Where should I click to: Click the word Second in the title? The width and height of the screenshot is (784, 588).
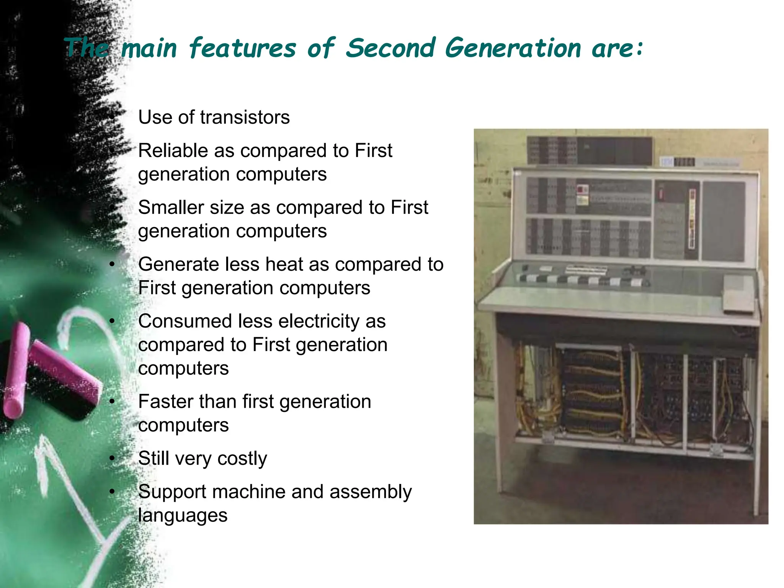(390, 48)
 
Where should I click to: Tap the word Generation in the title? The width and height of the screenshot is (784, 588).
(513, 48)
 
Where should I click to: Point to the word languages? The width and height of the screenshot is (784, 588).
(183, 516)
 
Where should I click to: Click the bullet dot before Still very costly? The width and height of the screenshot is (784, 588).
(112, 458)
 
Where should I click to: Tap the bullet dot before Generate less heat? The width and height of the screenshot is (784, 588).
(112, 264)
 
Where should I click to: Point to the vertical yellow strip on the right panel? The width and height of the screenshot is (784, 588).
(692, 218)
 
